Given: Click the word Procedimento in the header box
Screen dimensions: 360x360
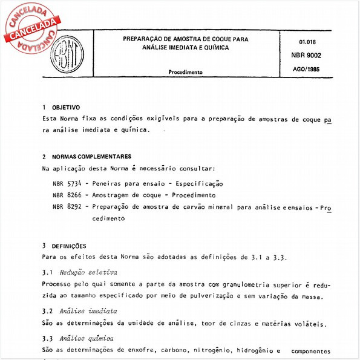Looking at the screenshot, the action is [186, 71].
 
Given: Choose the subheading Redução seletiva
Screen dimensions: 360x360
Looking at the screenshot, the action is [89, 272].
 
